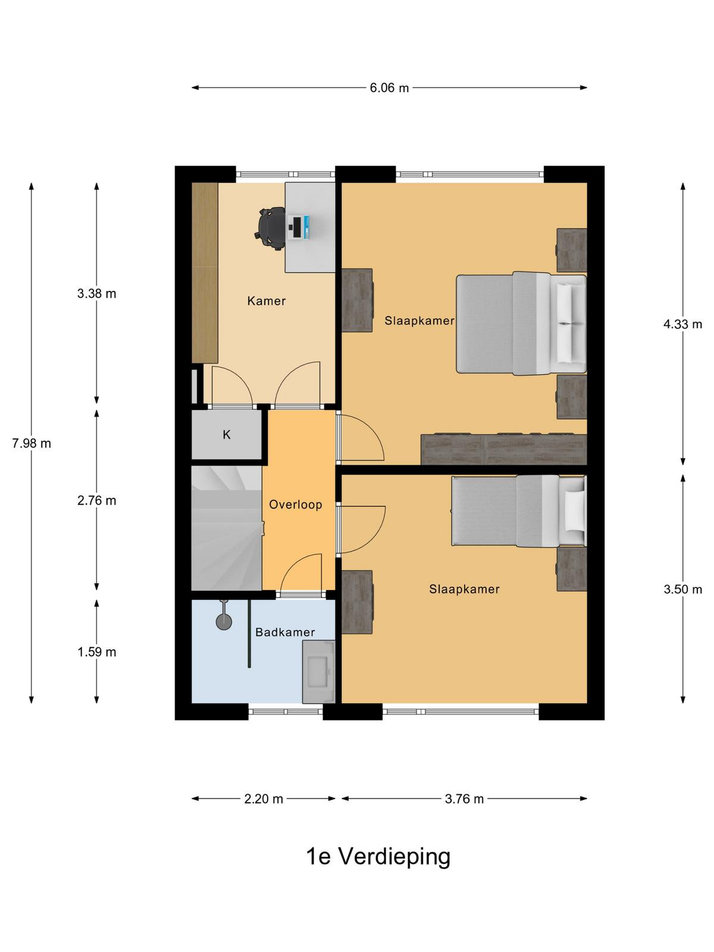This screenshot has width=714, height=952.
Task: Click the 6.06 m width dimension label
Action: (389, 88)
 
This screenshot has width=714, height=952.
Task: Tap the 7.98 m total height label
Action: (32, 443)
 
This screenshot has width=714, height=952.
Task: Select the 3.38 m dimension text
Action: (96, 293)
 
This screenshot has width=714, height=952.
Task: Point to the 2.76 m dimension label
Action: (96, 500)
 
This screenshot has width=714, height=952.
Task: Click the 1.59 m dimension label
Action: (96, 652)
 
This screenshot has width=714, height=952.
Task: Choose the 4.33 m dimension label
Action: (682, 324)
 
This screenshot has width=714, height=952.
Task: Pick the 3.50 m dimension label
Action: (682, 590)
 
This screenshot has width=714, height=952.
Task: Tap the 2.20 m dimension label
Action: (263, 799)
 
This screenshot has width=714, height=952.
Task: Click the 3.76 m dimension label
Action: (464, 799)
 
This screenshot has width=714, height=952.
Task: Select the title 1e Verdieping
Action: (378, 857)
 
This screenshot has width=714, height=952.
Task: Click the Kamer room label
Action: (266, 301)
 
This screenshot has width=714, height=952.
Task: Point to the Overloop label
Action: (295, 505)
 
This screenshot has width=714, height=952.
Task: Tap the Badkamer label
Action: (285, 632)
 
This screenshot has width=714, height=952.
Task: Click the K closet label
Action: (226, 434)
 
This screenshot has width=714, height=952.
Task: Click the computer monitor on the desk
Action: (296, 227)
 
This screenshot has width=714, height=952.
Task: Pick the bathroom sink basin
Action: (317, 672)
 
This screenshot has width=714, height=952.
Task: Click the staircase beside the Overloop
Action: (227, 528)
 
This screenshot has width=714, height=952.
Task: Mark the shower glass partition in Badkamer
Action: (249, 634)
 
